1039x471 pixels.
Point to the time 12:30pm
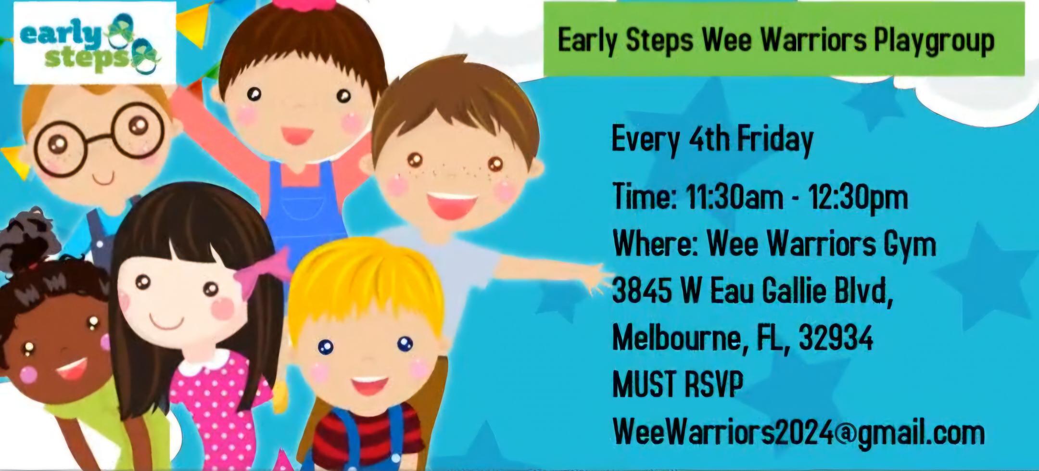[x=859, y=198]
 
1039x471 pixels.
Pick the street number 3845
[x=642, y=291]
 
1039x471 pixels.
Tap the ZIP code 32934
[x=836, y=338]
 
